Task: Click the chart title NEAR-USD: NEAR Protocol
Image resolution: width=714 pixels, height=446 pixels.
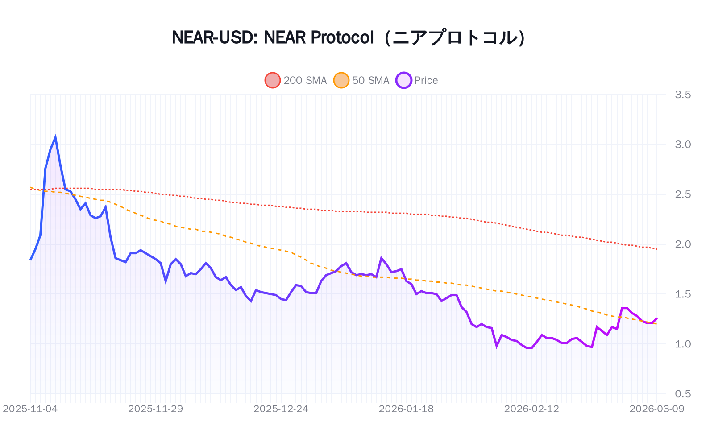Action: pos(272,37)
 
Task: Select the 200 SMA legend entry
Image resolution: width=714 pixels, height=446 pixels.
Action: pos(296,80)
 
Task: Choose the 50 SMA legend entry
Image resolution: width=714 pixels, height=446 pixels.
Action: pos(362,80)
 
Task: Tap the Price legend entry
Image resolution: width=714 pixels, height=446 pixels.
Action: pos(417,80)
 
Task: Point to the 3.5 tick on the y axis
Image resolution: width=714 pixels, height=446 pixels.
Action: pos(683,95)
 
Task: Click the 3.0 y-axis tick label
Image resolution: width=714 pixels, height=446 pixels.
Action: pos(683,145)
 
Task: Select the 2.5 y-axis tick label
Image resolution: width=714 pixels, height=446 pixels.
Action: pos(683,194)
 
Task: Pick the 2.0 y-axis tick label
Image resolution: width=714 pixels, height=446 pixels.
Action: pos(683,244)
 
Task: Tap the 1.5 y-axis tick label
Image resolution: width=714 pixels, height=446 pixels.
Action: pos(683,294)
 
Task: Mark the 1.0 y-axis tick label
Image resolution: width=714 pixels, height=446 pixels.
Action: pos(683,344)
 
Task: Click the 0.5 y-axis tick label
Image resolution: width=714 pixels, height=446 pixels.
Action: pos(683,394)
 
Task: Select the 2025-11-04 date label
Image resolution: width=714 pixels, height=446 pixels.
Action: pos(30,409)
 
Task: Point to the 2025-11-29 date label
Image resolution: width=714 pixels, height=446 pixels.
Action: pos(155,409)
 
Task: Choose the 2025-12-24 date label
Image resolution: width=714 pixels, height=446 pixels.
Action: pos(281,409)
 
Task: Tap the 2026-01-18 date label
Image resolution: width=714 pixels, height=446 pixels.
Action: pos(406,409)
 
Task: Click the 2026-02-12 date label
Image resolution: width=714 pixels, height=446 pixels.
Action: pos(531,409)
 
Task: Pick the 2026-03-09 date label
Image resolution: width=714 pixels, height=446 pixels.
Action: pos(656,409)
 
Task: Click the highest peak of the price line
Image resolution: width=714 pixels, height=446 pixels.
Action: pos(55,137)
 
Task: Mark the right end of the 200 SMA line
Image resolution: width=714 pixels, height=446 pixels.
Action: pos(656,249)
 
